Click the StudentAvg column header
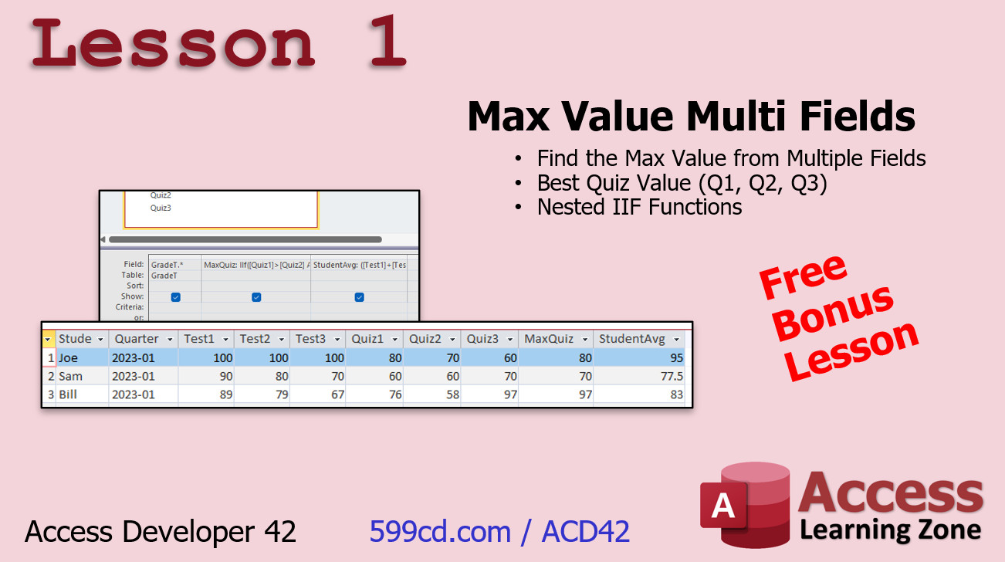pos(631,339)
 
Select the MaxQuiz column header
pos(549,339)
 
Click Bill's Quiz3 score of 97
pos(510,394)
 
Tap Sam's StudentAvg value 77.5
pos(672,376)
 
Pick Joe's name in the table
pos(68,357)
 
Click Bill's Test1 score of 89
pos(225,394)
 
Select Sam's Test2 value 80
pos(282,376)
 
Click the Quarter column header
pos(137,339)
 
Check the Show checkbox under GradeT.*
pos(176,297)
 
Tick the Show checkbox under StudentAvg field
pos(360,297)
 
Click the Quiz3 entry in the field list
pos(161,208)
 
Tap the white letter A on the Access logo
pos(722,505)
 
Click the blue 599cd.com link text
pos(440,532)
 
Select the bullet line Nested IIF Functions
pos(639,208)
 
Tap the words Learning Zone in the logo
pos(890,530)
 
